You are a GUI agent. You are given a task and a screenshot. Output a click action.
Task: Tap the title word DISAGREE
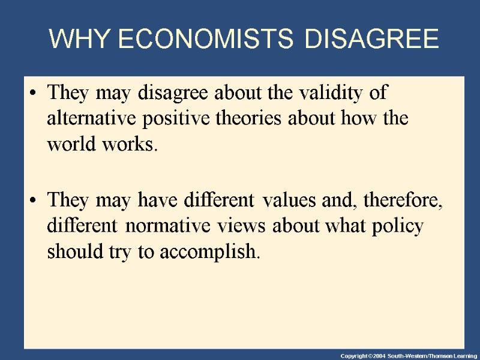[371, 40]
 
